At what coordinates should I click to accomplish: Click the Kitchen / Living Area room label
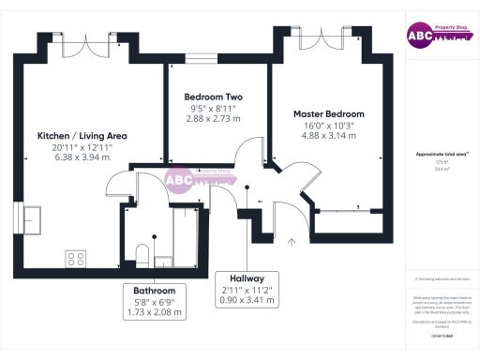pos(82,136)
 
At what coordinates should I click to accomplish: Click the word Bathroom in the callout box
pos(155,291)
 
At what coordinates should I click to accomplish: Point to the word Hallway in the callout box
pos(242,279)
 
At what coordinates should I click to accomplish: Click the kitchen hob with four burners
pos(76,258)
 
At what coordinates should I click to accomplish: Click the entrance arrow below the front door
pos(291,244)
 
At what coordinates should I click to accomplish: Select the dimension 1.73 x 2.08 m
pos(155,312)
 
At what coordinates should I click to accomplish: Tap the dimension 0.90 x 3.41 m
pos(242,301)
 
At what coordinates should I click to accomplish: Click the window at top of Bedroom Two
pos(200,59)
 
